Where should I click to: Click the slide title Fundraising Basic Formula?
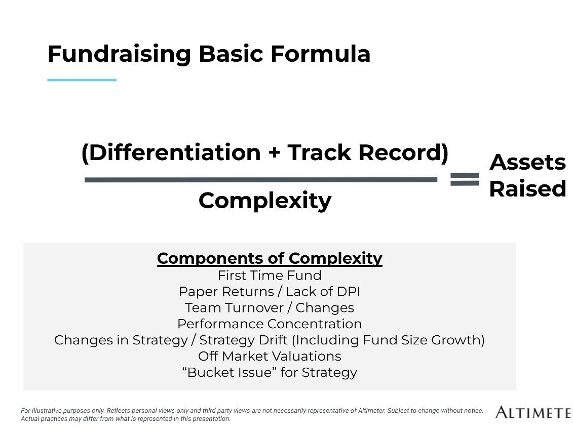[209, 54]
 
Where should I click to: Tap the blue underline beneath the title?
[82, 80]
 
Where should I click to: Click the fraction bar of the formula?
[260, 179]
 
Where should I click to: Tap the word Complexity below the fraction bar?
[264, 201]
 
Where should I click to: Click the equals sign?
[464, 179]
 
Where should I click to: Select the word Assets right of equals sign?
[527, 163]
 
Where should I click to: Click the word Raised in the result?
[527, 189]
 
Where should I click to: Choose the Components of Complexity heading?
[270, 258]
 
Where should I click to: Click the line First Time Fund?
[270, 276]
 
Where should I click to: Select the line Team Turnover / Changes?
[270, 308]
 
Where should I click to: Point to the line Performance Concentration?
[270, 324]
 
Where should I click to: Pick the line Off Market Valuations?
[270, 357]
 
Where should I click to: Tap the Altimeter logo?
[534, 412]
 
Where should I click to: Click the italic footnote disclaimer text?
[252, 415]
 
